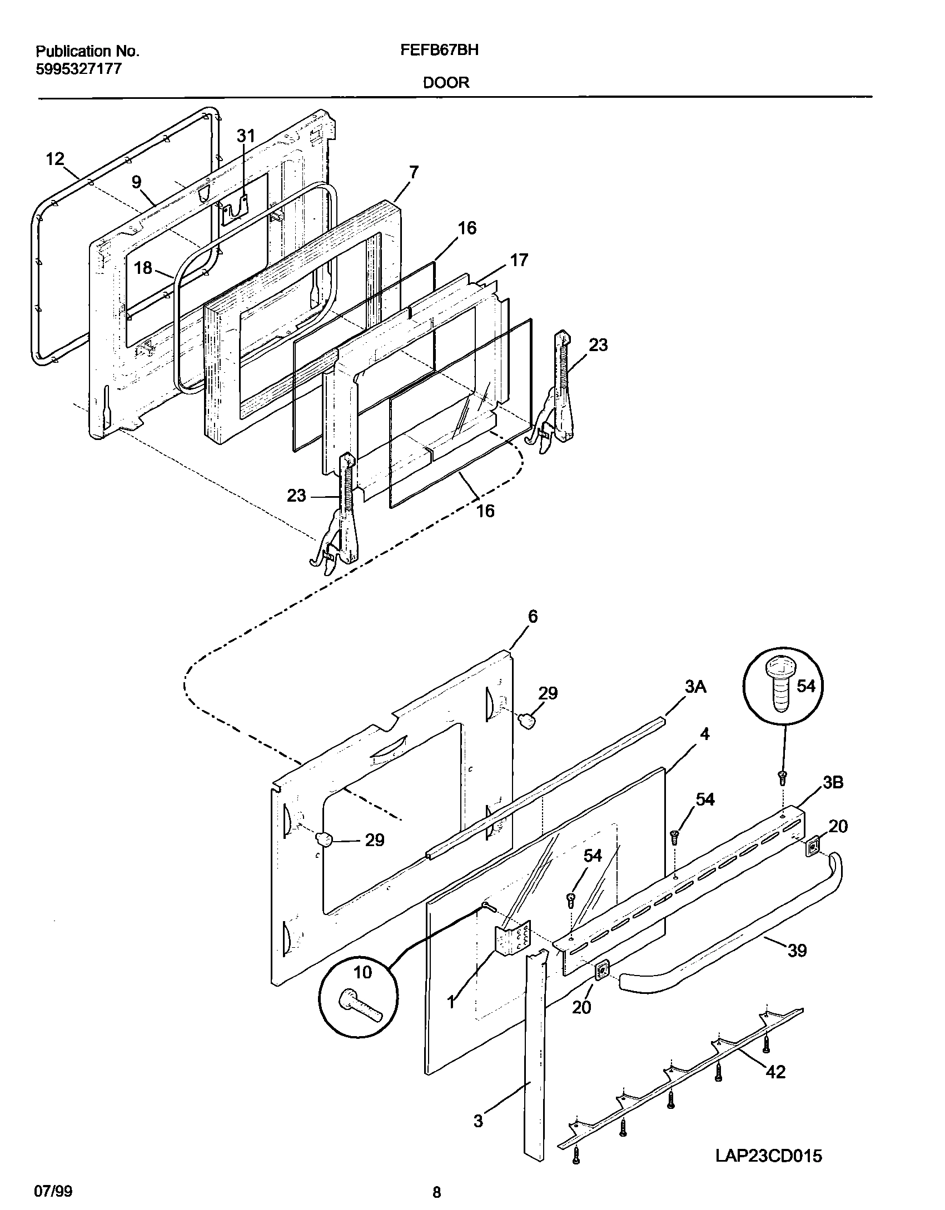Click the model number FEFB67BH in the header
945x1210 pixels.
click(439, 50)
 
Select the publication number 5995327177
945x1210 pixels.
click(78, 69)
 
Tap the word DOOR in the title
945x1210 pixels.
click(446, 83)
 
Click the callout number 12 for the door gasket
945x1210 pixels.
click(55, 159)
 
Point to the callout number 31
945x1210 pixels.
click(246, 136)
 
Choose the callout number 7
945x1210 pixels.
click(413, 173)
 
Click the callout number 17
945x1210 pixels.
click(519, 260)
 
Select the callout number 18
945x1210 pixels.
click(143, 268)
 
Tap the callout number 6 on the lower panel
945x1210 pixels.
click(532, 617)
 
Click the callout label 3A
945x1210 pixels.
click(695, 687)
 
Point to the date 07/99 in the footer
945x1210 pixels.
click(53, 1192)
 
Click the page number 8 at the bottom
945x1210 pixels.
click(436, 1192)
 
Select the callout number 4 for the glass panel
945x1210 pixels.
click(704, 734)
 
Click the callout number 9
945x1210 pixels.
click(136, 182)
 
